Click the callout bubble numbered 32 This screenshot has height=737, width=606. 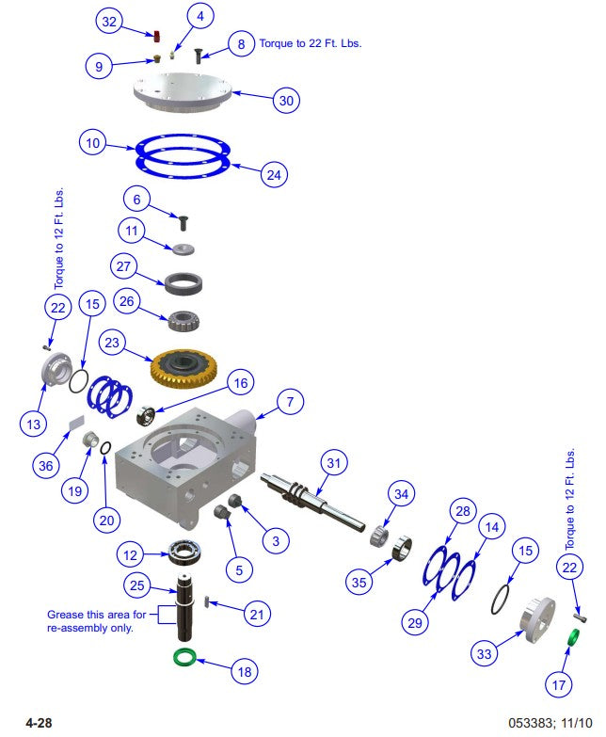click(x=110, y=21)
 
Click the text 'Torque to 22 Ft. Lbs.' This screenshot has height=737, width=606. click(x=311, y=43)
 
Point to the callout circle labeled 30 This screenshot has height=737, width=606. click(x=288, y=100)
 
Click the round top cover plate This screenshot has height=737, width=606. click(x=183, y=93)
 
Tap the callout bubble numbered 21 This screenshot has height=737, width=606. click(x=256, y=614)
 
